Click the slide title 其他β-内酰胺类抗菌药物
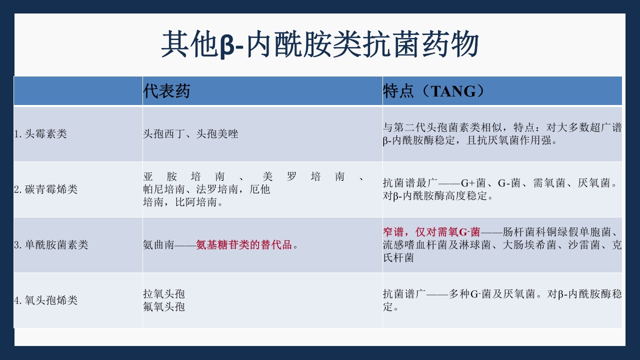320,44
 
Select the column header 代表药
166,91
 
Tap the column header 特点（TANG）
433,91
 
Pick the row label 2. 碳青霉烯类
45,189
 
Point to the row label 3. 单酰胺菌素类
51,245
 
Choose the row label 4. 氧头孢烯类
45,300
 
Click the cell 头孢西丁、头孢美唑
190,134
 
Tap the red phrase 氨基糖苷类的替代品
244,245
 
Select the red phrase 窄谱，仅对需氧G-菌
431,232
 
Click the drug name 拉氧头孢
164,294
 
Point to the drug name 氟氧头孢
164,306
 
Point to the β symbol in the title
226,45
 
